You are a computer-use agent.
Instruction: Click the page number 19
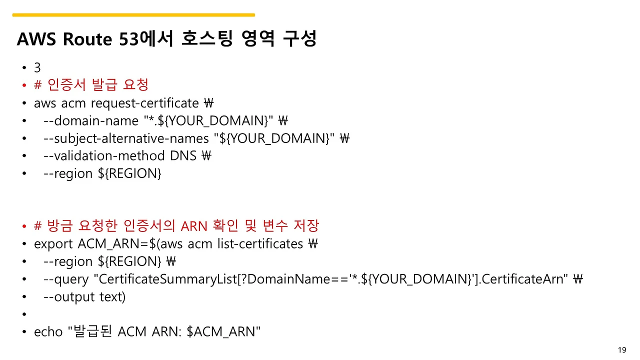coord(622,350)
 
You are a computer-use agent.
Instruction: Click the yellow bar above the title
coord(133,15)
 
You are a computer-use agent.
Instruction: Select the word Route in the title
coord(87,39)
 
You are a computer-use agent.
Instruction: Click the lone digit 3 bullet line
coord(37,67)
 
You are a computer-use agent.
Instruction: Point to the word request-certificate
coord(144,103)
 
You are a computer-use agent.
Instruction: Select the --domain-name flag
coord(91,121)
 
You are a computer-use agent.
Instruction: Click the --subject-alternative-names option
coord(126,139)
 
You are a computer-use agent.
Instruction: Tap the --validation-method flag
coord(104,156)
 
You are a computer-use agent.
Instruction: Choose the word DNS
coord(183,156)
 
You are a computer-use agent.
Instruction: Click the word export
coord(53,244)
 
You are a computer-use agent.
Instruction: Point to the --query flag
coord(66,279)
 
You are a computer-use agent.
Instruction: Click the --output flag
coord(69,297)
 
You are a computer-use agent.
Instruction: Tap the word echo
coord(48,332)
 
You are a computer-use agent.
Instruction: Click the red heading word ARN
coord(194,226)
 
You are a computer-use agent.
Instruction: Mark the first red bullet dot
coord(24,85)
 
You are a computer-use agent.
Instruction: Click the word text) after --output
coord(112,297)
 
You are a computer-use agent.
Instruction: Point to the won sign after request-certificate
coord(209,103)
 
